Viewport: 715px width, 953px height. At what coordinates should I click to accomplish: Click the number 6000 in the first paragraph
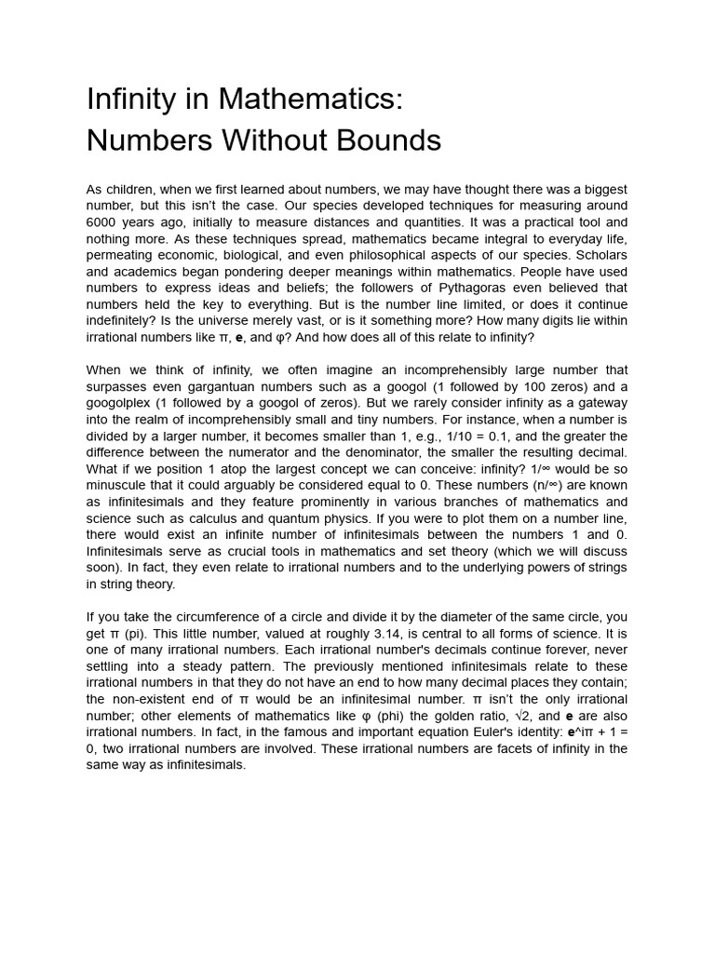pyautogui.click(x=102, y=222)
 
